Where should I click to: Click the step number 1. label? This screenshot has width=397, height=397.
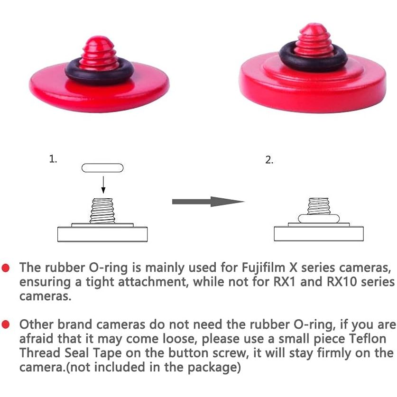coord(53,159)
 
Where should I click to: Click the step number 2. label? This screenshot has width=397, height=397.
coord(269,160)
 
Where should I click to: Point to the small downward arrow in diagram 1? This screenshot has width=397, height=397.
coord(103,185)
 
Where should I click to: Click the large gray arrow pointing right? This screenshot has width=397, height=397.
coord(208,202)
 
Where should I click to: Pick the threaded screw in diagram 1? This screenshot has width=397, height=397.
coord(102,211)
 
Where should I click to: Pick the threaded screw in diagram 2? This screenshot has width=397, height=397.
coord(319,206)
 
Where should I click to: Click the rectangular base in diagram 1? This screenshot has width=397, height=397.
coord(102,234)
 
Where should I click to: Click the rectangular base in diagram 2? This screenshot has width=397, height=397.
coord(319,234)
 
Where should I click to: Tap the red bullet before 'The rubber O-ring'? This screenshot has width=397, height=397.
coord(6,268)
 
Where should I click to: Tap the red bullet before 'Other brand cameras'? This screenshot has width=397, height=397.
coord(6,324)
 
